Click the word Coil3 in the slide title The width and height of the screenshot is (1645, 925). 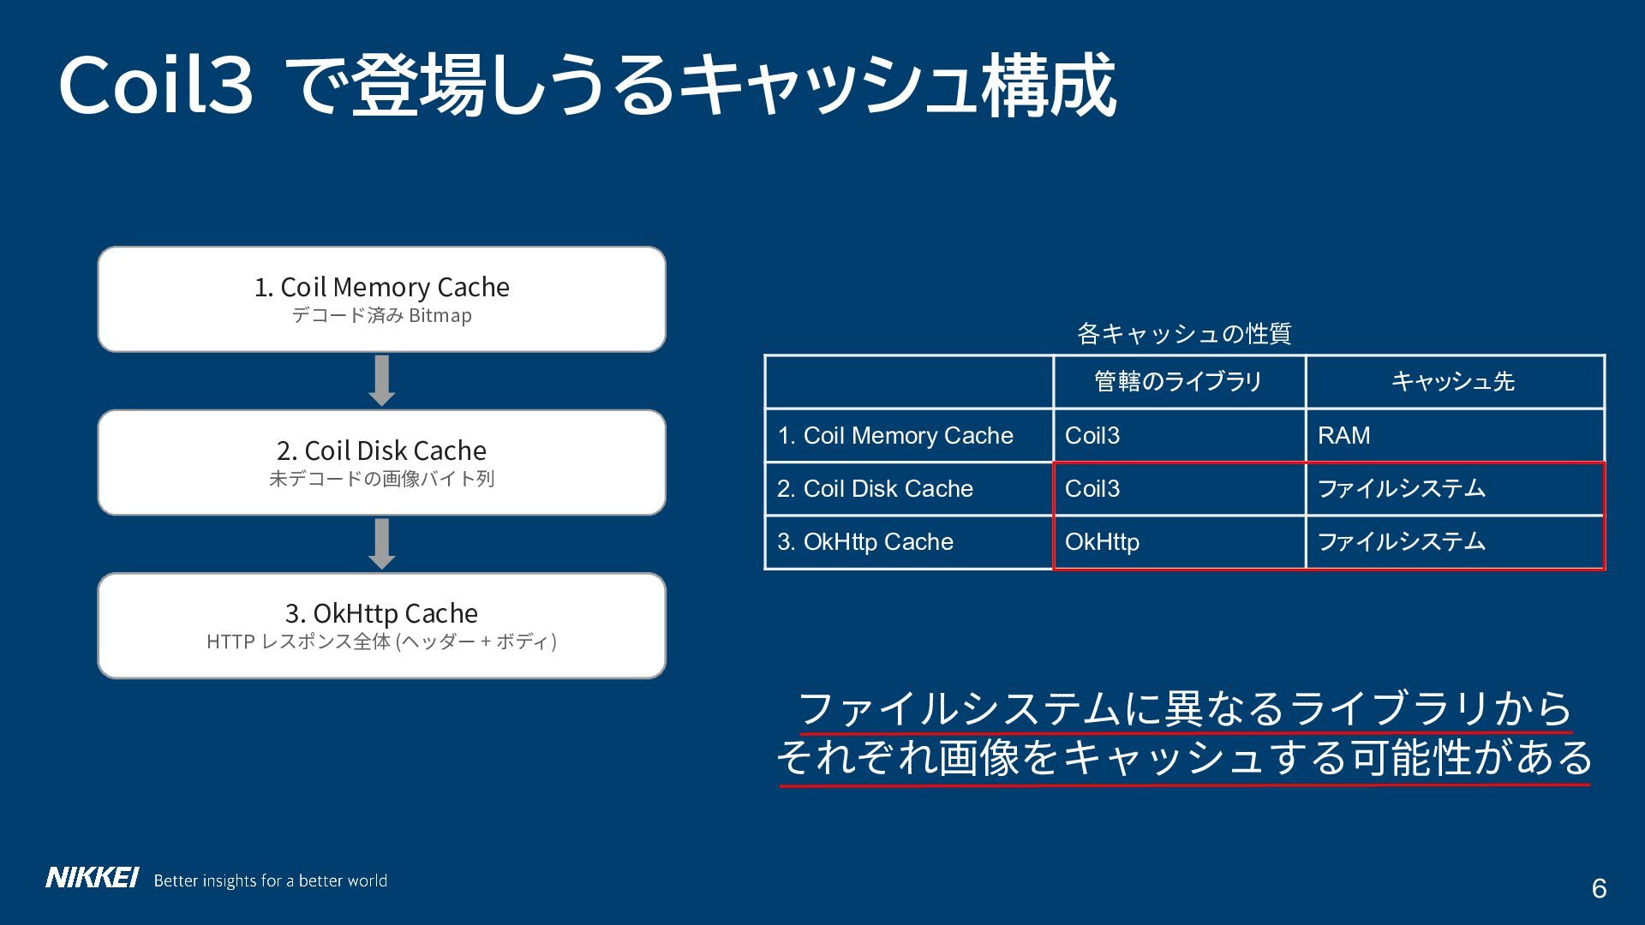pos(156,86)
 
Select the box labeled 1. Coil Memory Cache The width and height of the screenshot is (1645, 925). pos(381,299)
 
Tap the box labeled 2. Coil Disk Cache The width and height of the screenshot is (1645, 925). pos(381,462)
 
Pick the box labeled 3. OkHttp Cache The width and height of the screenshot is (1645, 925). pos(381,626)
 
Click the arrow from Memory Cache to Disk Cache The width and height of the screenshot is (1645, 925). pos(381,380)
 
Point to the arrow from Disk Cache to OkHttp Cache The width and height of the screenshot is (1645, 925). pos(381,544)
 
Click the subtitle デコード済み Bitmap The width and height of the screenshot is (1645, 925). pos(381,315)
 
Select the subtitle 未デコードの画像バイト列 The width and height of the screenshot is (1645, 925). pos(381,479)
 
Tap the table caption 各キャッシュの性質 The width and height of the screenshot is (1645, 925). pos(1184,333)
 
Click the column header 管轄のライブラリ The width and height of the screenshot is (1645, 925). pos(1178,381)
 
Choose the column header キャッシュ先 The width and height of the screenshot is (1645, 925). pos(1453,381)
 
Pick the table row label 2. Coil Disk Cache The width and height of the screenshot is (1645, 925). pos(875,488)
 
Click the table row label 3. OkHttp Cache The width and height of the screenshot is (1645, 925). pos(865,542)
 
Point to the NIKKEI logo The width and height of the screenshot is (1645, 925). pos(92,878)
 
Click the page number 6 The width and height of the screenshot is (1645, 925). pos(1599,889)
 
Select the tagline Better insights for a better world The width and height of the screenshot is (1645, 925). pos(271,880)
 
